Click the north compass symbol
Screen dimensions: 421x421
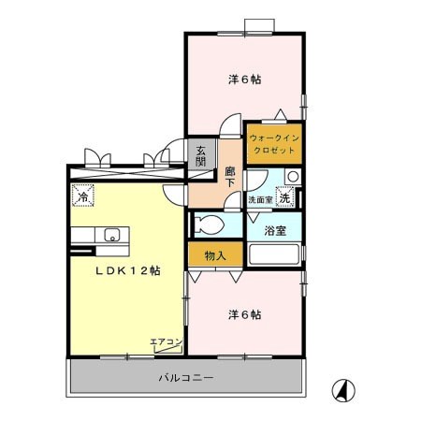tap(344, 388)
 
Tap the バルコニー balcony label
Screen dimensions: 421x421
tap(186, 379)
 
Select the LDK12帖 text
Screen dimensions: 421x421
tap(129, 269)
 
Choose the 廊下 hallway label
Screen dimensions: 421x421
tap(229, 178)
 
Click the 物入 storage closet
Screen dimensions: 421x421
tap(214, 254)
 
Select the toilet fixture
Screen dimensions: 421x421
tap(210, 225)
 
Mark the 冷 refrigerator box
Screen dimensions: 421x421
tap(82, 197)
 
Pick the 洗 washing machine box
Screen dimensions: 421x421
tap(284, 197)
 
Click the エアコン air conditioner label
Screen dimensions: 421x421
tap(165, 341)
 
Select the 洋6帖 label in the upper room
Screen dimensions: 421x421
tap(244, 80)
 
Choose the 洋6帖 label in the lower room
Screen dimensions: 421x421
tap(244, 314)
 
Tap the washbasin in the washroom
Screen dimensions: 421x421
tap(292, 177)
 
